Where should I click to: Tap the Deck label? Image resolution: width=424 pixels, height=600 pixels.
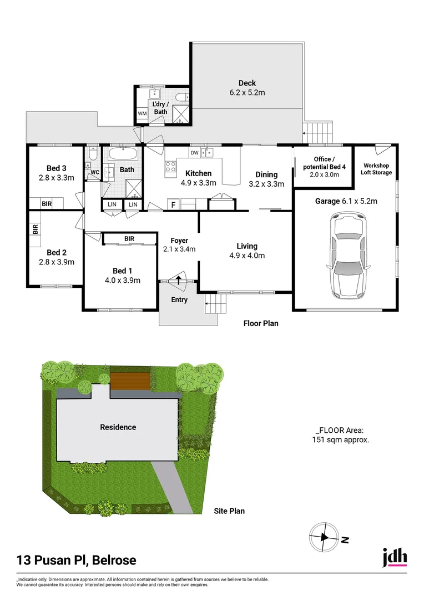click(x=247, y=83)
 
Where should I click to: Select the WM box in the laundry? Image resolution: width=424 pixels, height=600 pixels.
click(x=142, y=114)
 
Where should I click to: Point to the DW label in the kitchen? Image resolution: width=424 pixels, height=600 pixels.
click(x=194, y=153)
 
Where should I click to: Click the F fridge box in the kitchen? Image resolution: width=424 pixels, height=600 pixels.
click(x=174, y=205)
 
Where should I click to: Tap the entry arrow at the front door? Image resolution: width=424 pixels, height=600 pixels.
click(x=179, y=279)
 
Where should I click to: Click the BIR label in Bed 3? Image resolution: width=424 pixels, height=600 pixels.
click(x=47, y=204)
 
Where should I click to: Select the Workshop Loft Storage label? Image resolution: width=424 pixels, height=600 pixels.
click(x=377, y=169)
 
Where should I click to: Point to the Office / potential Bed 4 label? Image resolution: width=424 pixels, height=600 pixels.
click(x=322, y=163)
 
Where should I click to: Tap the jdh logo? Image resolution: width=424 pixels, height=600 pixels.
click(x=395, y=557)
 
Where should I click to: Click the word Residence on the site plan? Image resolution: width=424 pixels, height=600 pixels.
click(x=118, y=427)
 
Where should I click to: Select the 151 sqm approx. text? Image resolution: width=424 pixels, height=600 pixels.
click(x=341, y=439)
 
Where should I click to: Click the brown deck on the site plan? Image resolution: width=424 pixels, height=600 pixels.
click(x=130, y=381)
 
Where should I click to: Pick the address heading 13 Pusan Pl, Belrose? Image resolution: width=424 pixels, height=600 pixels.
click(x=76, y=560)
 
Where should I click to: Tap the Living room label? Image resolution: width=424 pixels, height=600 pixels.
click(x=246, y=246)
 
